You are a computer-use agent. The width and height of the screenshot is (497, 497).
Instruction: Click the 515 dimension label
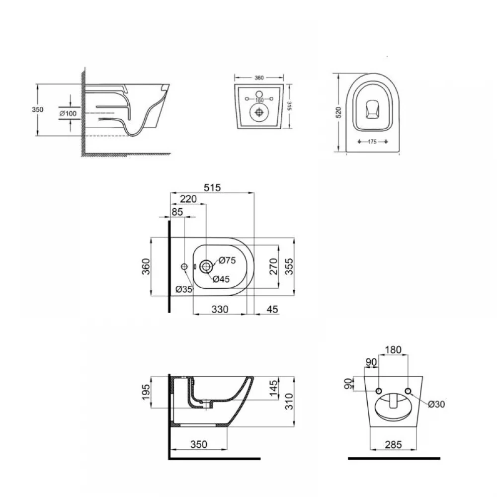click(x=212, y=188)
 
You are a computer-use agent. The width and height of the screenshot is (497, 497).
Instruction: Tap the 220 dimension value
click(x=188, y=199)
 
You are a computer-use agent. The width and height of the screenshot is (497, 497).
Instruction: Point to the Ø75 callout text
click(x=227, y=260)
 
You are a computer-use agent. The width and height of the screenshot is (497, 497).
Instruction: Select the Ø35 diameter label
click(x=184, y=289)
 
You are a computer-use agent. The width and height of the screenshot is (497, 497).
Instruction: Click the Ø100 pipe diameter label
click(x=68, y=113)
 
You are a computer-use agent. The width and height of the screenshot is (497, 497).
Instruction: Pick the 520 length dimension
click(x=338, y=112)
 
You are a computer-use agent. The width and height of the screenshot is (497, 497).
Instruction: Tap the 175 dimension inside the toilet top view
click(x=372, y=142)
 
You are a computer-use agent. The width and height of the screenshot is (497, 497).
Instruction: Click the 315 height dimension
click(x=289, y=106)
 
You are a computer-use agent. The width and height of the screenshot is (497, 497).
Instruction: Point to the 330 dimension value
click(x=220, y=309)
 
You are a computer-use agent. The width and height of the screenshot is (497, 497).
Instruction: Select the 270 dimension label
click(x=273, y=266)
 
